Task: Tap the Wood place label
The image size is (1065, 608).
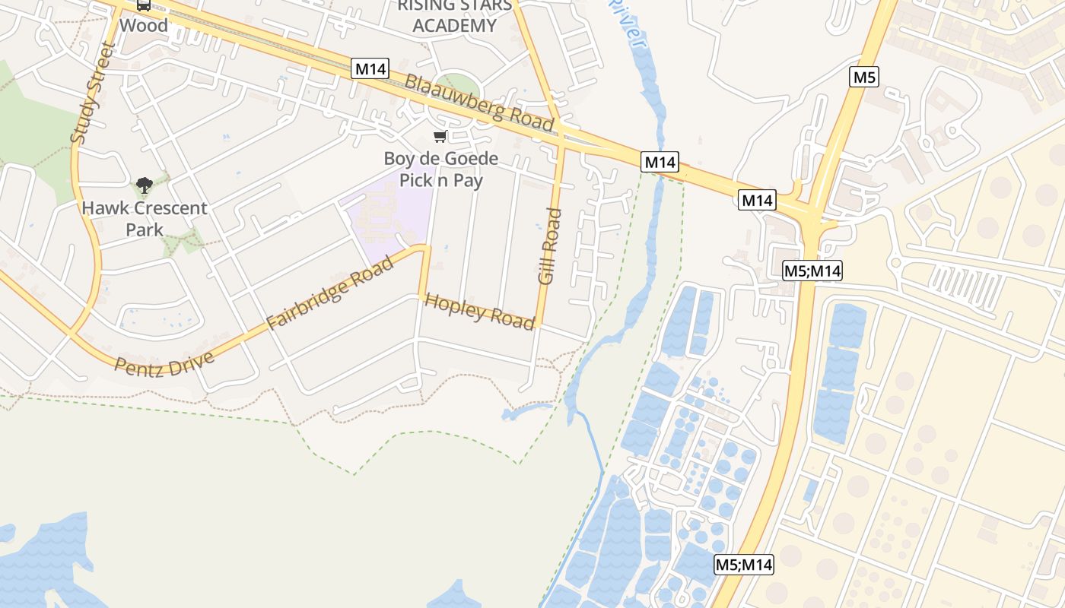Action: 143,25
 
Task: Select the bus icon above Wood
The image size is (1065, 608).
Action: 143,5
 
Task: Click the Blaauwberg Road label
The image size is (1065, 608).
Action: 478,102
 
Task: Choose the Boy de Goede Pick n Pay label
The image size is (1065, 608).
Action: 441,169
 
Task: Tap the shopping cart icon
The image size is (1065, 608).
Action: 440,137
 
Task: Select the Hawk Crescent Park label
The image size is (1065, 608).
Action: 145,218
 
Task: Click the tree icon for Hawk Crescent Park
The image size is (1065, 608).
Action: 144,185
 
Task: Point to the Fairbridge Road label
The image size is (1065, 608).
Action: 330,293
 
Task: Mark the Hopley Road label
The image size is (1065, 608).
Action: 479,312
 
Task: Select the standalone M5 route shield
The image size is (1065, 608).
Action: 865,77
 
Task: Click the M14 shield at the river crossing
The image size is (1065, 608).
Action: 660,162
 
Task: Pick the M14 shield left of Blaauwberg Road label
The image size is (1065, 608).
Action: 370,69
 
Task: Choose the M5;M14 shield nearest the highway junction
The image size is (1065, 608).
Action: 812,271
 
